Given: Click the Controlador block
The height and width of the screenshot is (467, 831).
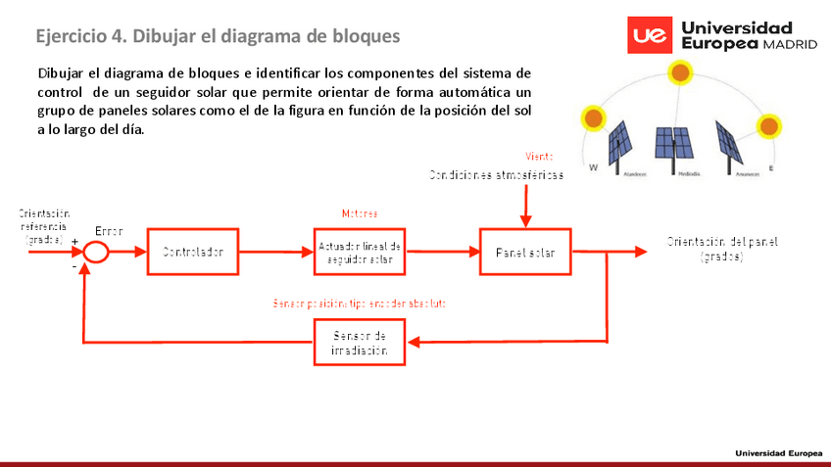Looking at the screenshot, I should pos(192,252).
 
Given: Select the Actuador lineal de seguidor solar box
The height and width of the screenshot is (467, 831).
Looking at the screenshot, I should pos(360,253).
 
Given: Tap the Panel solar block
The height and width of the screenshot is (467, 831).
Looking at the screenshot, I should pos(525,252).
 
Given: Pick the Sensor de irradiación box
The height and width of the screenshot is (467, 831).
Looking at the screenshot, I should pos(360,343).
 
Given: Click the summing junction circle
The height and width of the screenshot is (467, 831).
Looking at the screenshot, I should pos(95,252).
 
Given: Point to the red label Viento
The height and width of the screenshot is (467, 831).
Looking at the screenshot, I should pos(539,157).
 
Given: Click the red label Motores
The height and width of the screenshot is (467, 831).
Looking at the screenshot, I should pos(359,213).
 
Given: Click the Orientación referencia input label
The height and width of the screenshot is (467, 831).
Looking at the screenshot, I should pos(43,226).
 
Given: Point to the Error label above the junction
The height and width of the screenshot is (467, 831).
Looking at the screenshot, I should pos(109,231).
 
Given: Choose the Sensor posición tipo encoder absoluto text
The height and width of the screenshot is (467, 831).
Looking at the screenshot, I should pos(359,304).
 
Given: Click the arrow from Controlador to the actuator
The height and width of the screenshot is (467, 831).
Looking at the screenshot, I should pos(276,253).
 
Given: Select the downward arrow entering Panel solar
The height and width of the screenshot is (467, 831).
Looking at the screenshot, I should pos(526,206).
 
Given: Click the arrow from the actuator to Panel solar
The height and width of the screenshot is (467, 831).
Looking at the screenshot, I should pos(442,253).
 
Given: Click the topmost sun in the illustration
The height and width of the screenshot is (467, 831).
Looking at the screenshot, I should pos(678,71).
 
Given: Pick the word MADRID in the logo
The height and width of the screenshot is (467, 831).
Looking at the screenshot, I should pos(790,45).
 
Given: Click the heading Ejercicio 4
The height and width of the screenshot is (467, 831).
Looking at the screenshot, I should pos(218,36).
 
